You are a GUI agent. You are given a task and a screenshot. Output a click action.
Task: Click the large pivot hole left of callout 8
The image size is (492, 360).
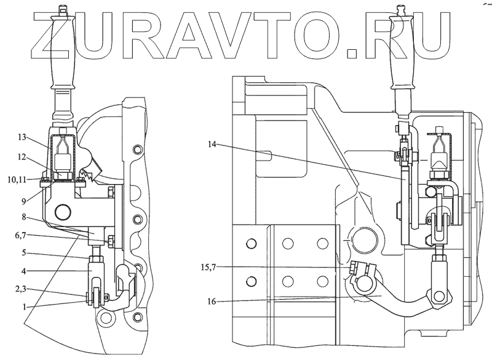click(62, 212)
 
